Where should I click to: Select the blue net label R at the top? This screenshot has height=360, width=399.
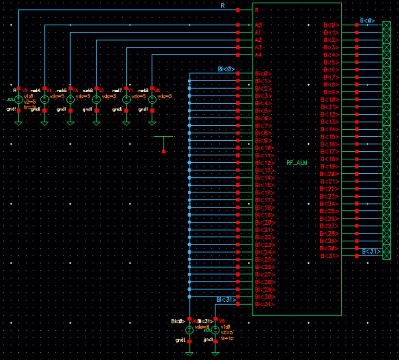point(222,6)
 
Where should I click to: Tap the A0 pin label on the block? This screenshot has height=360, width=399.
point(257,25)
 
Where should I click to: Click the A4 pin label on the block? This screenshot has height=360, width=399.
point(257,55)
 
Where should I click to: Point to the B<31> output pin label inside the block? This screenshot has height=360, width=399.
point(330,255)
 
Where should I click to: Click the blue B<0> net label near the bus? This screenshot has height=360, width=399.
point(367,21)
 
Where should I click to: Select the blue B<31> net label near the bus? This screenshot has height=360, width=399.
point(370,251)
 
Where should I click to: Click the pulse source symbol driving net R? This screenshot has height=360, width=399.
point(18,100)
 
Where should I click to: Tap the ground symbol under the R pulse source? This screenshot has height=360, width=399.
point(18,122)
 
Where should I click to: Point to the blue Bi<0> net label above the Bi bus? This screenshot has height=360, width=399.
point(226,69)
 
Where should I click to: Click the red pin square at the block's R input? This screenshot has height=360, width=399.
point(238,10)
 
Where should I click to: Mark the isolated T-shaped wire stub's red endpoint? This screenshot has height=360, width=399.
point(164,151)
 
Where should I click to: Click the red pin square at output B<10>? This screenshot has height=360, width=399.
point(357,100)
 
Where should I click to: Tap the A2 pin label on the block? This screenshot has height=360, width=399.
point(257,40)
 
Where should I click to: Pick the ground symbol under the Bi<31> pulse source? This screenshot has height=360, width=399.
point(215,353)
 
